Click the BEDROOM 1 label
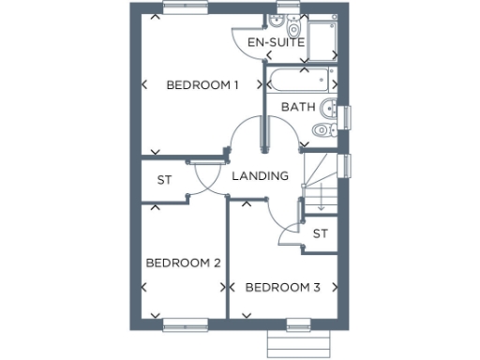pos(202,85)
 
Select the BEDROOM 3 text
pos(282,288)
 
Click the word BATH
pos(297,108)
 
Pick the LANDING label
pos(259,176)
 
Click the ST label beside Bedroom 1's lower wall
pos(164,179)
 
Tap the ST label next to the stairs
pos(321,232)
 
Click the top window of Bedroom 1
pos(185,8)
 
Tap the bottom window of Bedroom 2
pos(184,325)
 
